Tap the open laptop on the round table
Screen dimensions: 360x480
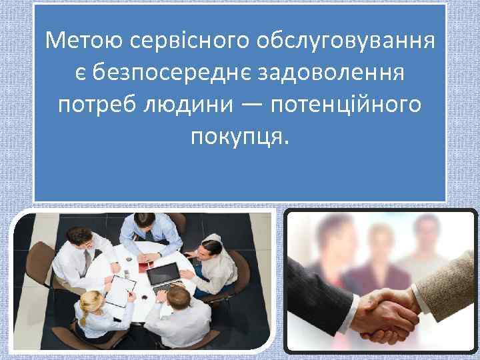pos(163,273)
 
